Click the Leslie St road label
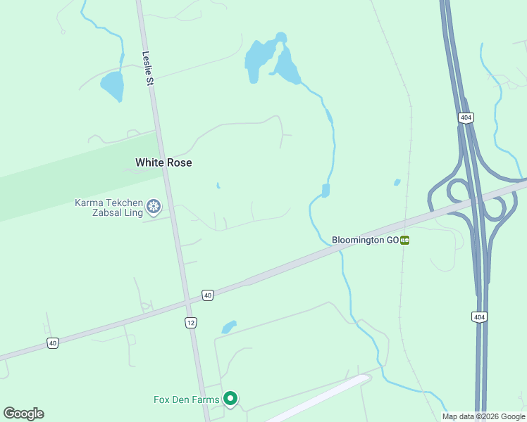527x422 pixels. (x=148, y=69)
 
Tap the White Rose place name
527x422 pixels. (x=163, y=162)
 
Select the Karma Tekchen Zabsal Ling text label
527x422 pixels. (x=108, y=207)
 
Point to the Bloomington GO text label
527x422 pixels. (x=365, y=240)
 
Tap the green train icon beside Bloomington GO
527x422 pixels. (x=405, y=240)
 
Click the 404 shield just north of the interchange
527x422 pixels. (x=465, y=117)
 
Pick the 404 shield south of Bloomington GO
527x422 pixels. (x=479, y=317)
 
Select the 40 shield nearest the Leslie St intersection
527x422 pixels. (x=207, y=295)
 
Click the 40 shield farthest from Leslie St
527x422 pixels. (x=53, y=343)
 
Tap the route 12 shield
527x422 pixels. (x=191, y=322)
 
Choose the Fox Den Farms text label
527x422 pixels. (x=186, y=400)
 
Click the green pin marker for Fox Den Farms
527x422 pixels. (x=230, y=399)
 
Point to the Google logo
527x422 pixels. (x=23, y=414)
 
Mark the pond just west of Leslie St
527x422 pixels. (x=112, y=86)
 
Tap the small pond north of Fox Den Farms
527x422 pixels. (x=228, y=327)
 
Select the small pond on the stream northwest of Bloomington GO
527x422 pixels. (x=325, y=191)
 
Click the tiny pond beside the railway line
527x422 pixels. (x=397, y=183)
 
